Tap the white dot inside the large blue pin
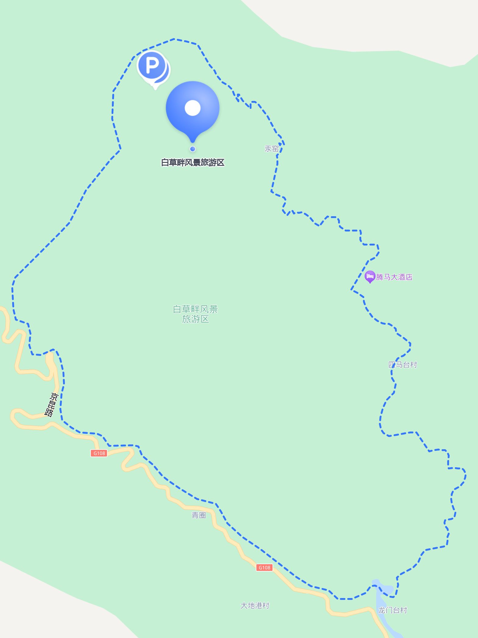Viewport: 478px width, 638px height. [192, 108]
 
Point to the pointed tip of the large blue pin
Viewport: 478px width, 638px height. [192, 142]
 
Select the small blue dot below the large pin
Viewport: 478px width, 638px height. [192, 149]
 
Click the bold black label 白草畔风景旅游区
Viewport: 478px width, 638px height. [192, 163]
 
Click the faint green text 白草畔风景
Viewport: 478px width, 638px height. [195, 309]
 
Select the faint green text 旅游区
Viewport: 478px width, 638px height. [195, 319]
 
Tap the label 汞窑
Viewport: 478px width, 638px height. [271, 149]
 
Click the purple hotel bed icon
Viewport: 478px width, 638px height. [370, 276]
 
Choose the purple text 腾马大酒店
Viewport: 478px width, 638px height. [394, 277]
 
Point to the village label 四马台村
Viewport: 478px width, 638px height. [402, 364]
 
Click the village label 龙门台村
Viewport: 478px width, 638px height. [392, 610]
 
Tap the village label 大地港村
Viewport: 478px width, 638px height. [255, 605]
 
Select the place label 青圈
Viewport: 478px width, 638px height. [199, 515]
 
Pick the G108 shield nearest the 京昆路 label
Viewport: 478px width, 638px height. [99, 453]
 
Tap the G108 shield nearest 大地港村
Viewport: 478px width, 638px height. [264, 568]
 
